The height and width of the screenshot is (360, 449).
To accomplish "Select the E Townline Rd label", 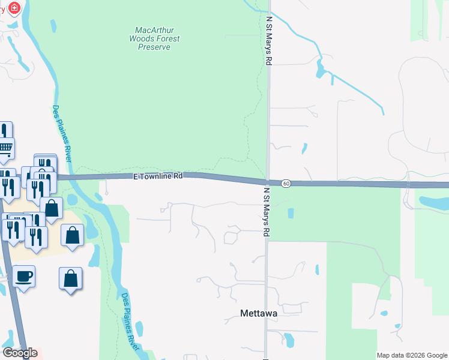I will pyautogui.click(x=157, y=176).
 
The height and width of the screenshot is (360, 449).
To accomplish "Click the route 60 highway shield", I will pyautogui.click(x=286, y=183).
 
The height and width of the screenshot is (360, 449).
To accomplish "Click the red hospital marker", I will pyautogui.click(x=13, y=8).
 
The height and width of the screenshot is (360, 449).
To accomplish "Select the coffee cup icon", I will pyautogui.click(x=23, y=277).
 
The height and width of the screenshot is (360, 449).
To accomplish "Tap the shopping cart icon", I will pyautogui.click(x=5, y=147).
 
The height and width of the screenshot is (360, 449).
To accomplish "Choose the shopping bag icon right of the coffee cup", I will pyautogui.click(x=70, y=278).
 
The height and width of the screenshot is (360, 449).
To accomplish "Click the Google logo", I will pyautogui.click(x=20, y=353).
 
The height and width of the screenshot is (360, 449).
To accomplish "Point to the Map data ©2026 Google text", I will pyautogui.click(x=411, y=355).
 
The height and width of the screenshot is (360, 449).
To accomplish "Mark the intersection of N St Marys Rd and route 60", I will pyautogui.click(x=267, y=182).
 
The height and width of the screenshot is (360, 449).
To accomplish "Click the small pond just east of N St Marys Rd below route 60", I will pyautogui.click(x=291, y=212).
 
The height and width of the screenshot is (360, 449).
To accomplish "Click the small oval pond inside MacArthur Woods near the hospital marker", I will pyautogui.click(x=53, y=26).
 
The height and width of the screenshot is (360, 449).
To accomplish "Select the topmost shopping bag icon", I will pyautogui.click(x=52, y=208).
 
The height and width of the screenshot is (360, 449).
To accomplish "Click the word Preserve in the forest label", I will pyautogui.click(x=154, y=47).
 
